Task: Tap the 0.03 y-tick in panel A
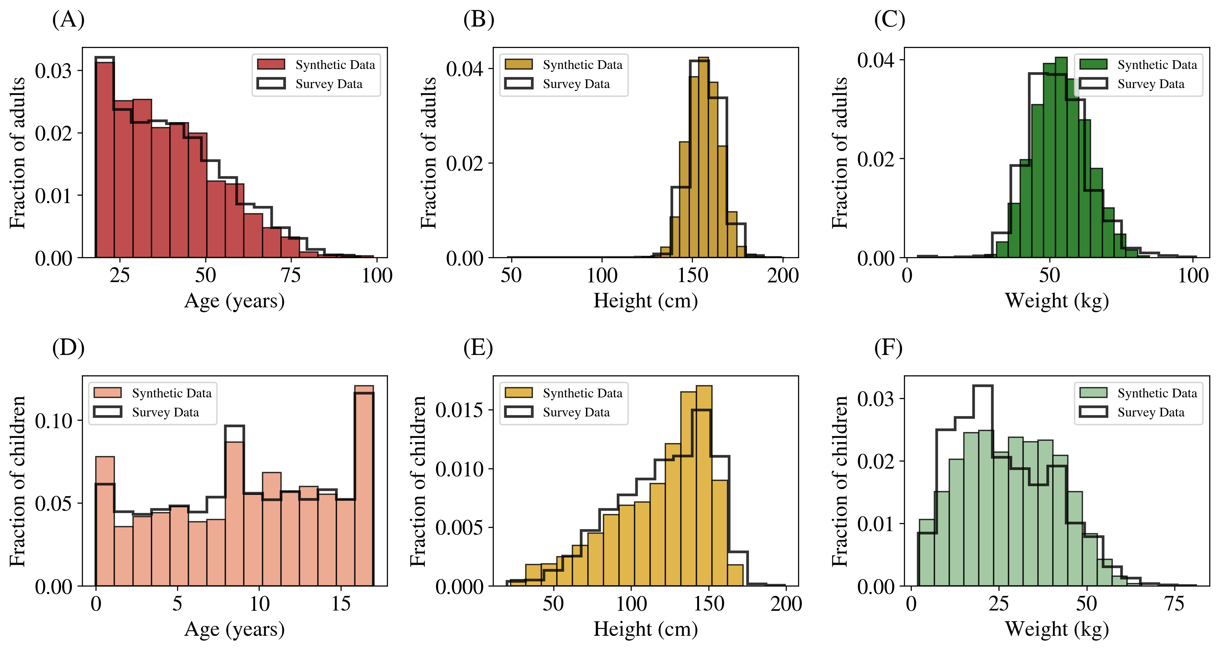tap(53, 71)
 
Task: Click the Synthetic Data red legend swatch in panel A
tap(271, 64)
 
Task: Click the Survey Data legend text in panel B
tap(576, 84)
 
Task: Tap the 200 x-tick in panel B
tap(783, 275)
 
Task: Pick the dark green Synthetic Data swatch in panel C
tap(1093, 64)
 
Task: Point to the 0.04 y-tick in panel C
tap(875, 60)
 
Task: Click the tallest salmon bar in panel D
tap(364, 485)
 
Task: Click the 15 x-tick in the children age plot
tap(341, 604)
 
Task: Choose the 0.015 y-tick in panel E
tap(459, 410)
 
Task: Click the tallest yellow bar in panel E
tap(704, 485)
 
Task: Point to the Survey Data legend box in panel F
tap(1093, 412)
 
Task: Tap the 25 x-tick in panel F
tap(999, 604)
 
